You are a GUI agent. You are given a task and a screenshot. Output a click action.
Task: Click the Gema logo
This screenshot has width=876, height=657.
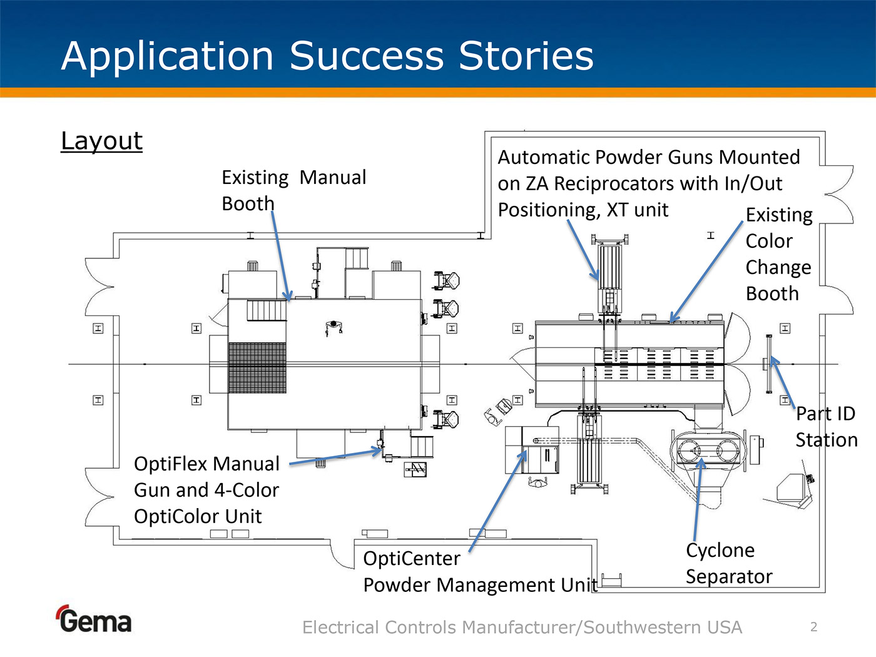94,620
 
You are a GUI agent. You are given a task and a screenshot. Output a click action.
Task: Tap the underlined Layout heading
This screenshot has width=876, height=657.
101,141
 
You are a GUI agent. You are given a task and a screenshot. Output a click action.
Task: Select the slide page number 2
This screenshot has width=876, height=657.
813,627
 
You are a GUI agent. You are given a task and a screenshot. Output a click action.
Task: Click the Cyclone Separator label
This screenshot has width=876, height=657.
728,563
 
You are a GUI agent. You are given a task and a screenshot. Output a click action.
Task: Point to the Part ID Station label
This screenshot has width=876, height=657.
826,427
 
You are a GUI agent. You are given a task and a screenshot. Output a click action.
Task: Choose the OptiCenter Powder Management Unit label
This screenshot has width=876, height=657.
479,572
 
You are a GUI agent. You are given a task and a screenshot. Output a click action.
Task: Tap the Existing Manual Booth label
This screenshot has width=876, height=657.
293,190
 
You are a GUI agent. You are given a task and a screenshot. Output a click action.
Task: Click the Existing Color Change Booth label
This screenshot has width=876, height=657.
778,254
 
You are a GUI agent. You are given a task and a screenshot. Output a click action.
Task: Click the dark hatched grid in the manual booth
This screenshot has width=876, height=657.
257,368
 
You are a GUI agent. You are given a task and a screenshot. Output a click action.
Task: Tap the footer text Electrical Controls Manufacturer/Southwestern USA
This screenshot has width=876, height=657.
522,627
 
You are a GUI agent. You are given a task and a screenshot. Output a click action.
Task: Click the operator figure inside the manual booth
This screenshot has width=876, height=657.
334,327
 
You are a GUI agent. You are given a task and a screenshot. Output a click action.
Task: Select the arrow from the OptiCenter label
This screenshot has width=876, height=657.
498,501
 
